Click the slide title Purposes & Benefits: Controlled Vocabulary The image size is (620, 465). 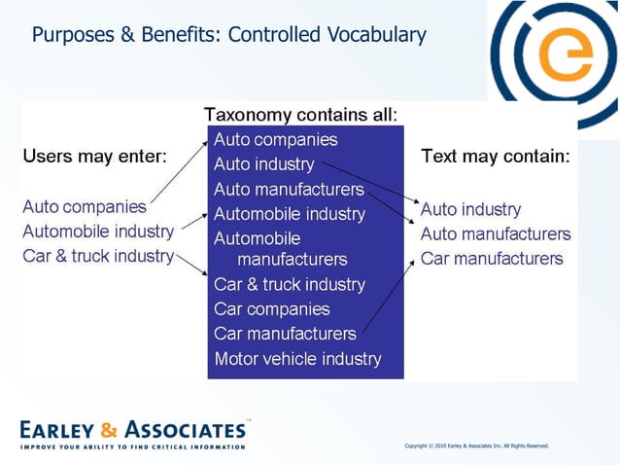(228, 35)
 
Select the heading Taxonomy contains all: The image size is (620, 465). (300, 115)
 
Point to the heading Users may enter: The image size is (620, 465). (94, 156)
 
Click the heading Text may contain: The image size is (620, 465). (495, 156)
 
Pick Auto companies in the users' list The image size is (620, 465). (85, 206)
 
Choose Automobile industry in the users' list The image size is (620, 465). (98, 232)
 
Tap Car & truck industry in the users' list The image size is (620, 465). (97, 256)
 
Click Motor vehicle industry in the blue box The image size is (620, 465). (297, 358)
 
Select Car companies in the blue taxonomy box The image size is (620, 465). (272, 309)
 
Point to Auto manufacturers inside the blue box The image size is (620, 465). (289, 189)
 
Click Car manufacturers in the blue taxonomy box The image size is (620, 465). (285, 334)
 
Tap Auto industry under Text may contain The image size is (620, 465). (470, 209)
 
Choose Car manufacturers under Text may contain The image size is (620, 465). (492, 259)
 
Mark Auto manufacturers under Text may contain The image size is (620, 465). (496, 234)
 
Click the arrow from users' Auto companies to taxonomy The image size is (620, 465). (179, 172)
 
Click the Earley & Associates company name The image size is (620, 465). (132, 429)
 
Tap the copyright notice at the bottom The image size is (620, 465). (476, 446)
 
